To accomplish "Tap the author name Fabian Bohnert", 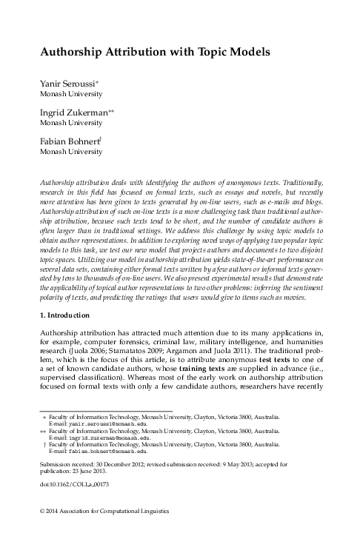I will [71, 141].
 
